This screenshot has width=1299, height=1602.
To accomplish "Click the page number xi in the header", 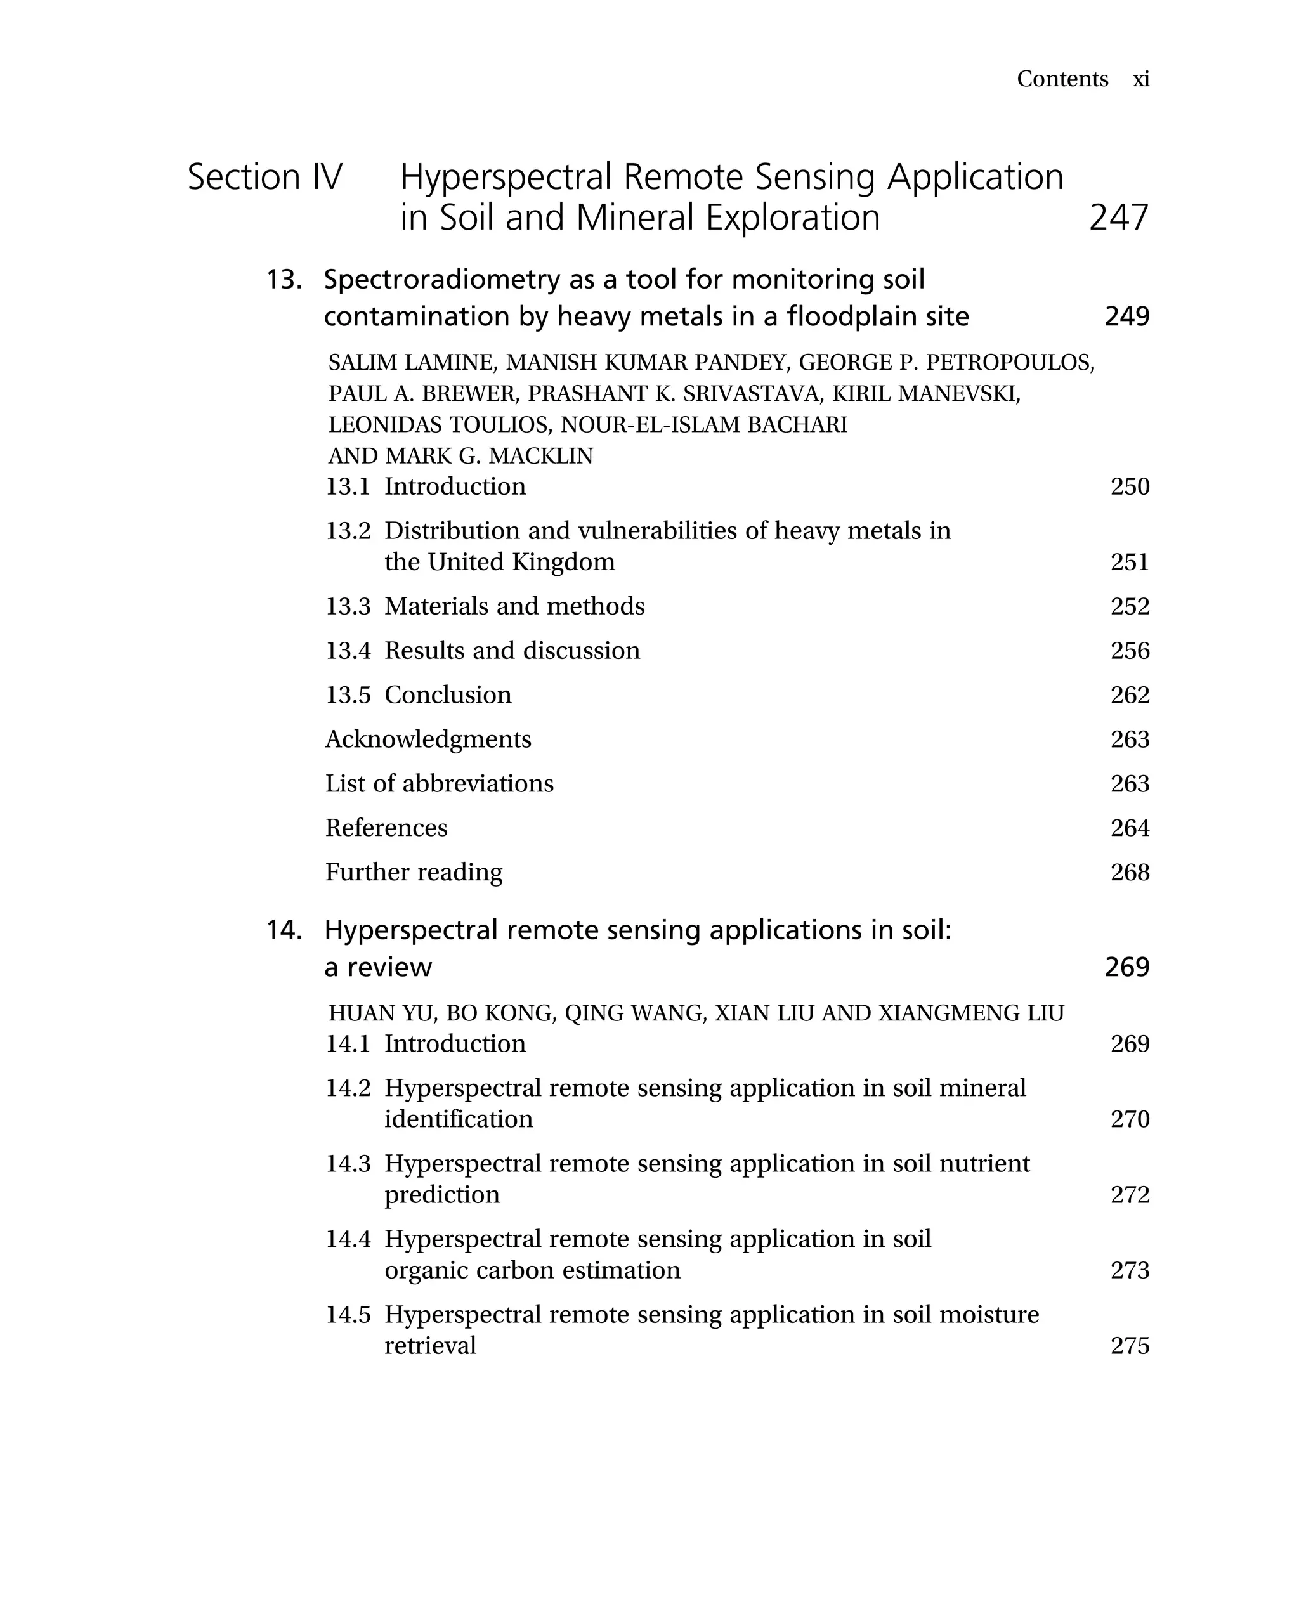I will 1140,79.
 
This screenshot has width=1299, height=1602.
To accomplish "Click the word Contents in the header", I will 1062,79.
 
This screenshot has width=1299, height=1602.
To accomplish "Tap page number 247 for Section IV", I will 1118,218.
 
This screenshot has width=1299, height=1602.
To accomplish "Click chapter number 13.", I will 284,280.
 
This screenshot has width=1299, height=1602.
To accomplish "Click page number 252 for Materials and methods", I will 1129,606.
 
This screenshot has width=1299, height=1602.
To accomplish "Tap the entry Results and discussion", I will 512,650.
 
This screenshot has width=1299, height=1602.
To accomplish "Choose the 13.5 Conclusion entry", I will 418,695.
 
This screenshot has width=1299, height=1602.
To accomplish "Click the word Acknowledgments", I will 428,739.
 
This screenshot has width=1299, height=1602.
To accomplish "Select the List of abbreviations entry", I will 439,783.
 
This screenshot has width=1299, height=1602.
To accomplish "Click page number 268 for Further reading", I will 1129,873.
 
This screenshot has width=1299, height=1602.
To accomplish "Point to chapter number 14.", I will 284,931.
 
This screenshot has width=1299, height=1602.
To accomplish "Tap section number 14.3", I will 348,1164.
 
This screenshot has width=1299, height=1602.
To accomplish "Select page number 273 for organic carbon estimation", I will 1129,1270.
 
